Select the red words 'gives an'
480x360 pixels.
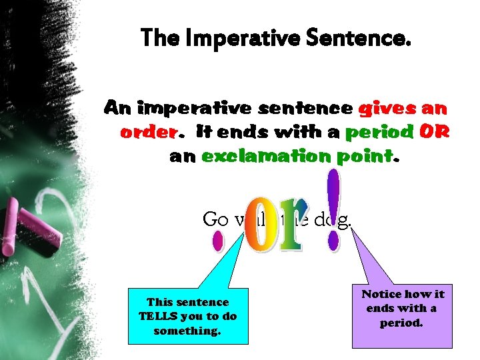pyautogui.click(x=403, y=107)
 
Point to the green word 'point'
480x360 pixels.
pyautogui.click(x=363, y=157)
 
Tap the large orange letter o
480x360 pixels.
pyautogui.click(x=256, y=227)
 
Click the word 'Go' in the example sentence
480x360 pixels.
pyautogui.click(x=215, y=219)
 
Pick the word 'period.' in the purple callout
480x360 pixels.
pyautogui.click(x=401, y=323)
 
